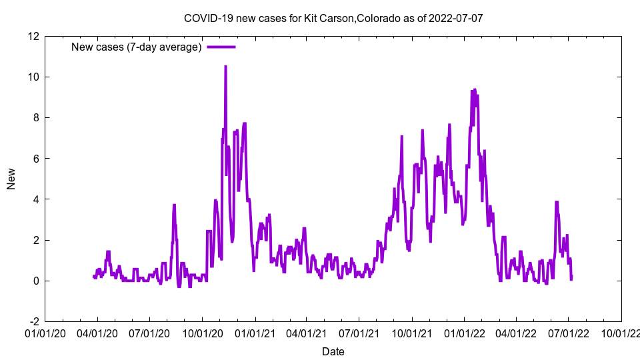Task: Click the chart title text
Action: (x=333, y=18)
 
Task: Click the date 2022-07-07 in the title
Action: (x=456, y=18)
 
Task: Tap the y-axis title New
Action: (x=11, y=179)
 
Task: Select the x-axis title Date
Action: (x=333, y=351)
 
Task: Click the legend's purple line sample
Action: (x=221, y=47)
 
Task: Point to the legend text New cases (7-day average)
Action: (x=137, y=47)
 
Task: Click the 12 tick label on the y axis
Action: (x=33, y=36)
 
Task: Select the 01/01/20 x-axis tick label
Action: (x=45, y=332)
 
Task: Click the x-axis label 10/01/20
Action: (x=202, y=332)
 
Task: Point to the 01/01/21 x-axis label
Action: (x=254, y=332)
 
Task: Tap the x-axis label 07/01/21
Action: (x=359, y=332)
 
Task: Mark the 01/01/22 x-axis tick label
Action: (x=464, y=332)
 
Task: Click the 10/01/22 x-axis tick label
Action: (x=621, y=332)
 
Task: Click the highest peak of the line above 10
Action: (x=225, y=67)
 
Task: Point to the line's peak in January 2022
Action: (x=474, y=89)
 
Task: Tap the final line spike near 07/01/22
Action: (x=557, y=202)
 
